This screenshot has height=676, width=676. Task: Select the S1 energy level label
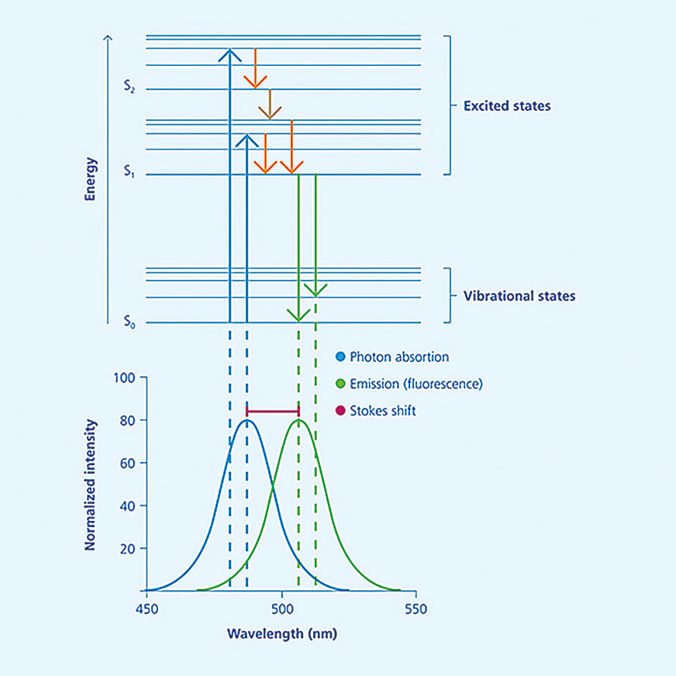point(129,174)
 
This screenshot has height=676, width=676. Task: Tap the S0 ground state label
point(129,322)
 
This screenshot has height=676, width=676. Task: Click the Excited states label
point(506,105)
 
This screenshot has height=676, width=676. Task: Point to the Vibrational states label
point(519,296)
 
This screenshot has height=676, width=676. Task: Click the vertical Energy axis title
point(90,180)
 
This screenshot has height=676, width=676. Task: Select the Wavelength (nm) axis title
point(282,633)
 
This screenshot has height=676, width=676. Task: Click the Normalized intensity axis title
point(90,485)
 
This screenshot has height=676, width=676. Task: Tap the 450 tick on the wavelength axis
point(147,609)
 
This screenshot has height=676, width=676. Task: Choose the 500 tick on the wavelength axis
point(282,609)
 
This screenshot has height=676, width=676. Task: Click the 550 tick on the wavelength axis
point(416,609)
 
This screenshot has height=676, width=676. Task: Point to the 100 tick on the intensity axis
point(125,378)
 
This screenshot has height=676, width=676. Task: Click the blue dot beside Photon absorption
point(340,357)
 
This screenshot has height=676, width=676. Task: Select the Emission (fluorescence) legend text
point(416,383)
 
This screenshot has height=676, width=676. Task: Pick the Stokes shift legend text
point(383,410)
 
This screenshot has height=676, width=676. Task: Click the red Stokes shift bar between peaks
point(273,412)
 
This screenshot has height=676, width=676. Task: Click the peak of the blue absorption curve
point(247,421)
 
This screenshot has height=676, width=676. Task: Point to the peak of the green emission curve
point(299,421)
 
